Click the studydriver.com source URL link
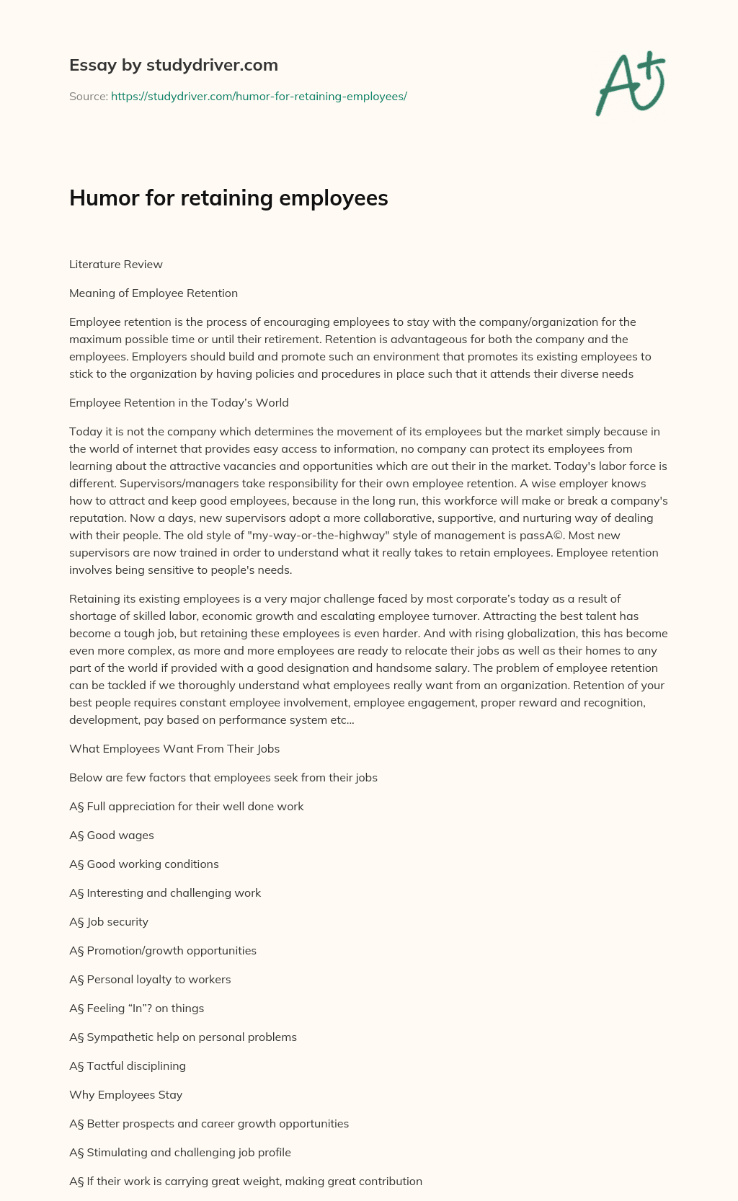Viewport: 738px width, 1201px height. [259, 96]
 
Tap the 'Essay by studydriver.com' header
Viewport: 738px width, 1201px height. [173, 65]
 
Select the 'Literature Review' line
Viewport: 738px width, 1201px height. [115, 265]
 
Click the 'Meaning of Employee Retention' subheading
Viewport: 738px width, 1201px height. [153, 293]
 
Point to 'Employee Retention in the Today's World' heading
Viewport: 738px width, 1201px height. [179, 403]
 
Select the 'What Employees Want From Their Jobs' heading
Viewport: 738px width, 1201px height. [174, 749]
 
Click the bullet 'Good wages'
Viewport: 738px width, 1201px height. [120, 836]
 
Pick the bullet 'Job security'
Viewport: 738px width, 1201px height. [117, 922]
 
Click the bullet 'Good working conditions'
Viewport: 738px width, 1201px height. [152, 864]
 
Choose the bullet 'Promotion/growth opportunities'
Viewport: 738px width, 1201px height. [171, 951]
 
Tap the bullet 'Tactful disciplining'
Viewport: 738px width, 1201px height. [135, 1066]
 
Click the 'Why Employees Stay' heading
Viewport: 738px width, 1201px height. [125, 1095]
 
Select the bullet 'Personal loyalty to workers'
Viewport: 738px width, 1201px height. [158, 980]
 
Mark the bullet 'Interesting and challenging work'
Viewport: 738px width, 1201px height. [173, 893]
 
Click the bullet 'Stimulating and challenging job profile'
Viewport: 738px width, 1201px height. [188, 1153]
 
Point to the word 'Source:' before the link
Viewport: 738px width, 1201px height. [88, 96]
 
